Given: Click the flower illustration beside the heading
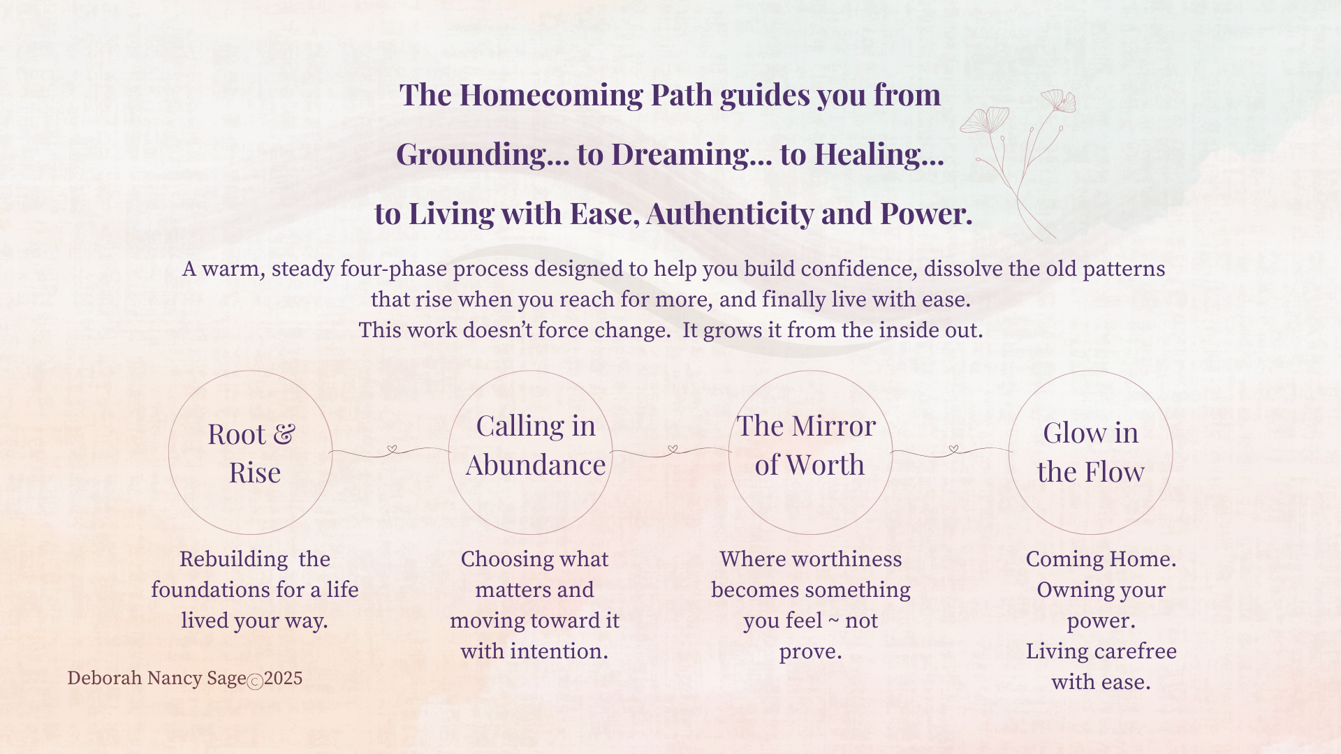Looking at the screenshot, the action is pyautogui.click(x=1018, y=165).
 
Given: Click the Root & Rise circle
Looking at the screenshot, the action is pyautogui.click(x=169, y=452).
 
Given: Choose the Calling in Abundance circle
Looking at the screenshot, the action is pyautogui.click(x=449, y=452).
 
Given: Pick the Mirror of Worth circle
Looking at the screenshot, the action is pyautogui.click(x=729, y=452).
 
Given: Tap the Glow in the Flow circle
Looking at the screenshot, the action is pyautogui.click(x=1009, y=452).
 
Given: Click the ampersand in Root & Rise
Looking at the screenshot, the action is pyautogui.click(x=284, y=434).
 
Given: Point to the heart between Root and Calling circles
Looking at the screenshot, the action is pyautogui.click(x=392, y=449).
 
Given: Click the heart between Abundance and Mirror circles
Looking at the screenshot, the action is pyautogui.click(x=673, y=449).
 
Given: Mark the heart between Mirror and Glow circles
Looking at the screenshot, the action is pyautogui.click(x=953, y=449).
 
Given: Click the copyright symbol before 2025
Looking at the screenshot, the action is pyautogui.click(x=255, y=682).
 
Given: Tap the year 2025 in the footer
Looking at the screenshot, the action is pyautogui.click(x=283, y=679).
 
